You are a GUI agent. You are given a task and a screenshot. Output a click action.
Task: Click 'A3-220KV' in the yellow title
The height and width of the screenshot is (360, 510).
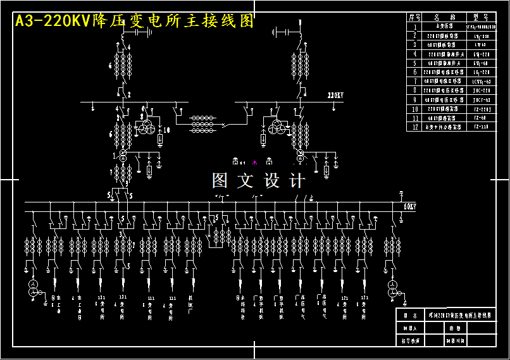point(53,22)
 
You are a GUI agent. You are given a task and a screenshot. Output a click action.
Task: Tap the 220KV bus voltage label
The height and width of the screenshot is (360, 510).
point(335,96)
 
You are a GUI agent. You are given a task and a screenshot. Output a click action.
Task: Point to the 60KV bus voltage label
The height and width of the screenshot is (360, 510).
point(409,206)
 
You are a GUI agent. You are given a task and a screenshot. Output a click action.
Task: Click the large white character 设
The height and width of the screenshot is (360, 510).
point(271,181)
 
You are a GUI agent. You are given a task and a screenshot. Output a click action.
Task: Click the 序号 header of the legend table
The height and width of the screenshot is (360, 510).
point(415,18)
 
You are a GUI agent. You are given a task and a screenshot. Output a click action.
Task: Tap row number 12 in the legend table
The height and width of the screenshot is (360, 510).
point(415,127)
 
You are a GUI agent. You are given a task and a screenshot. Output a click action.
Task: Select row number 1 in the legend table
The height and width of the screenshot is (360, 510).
point(415,27)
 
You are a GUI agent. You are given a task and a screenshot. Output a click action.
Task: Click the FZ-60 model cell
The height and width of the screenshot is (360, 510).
point(481,118)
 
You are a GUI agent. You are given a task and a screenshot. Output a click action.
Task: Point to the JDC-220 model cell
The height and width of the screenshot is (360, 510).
point(481,90)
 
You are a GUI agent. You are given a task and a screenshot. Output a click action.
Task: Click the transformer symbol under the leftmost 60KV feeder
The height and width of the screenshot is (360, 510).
point(33,290)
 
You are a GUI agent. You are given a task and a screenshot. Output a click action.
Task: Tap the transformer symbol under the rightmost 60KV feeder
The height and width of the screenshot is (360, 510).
point(393,290)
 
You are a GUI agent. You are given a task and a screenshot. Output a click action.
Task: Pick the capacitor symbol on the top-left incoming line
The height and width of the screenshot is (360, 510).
point(140,32)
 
